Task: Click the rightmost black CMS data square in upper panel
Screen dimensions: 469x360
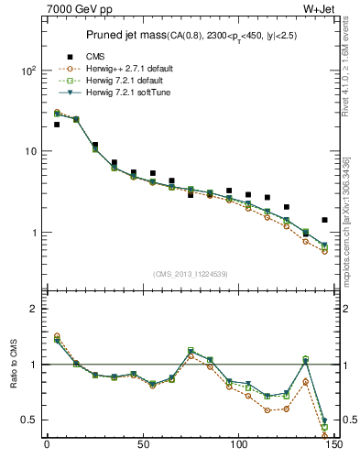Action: click(x=324, y=220)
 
